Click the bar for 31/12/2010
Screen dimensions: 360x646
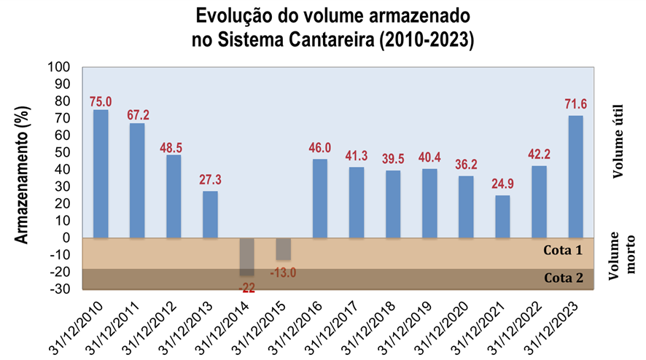pos(101,173)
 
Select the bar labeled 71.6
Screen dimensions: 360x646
pos(576,176)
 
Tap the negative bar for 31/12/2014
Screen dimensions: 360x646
pos(247,257)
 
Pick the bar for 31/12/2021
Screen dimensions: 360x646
pos(503,216)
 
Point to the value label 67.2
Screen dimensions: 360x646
pos(137,115)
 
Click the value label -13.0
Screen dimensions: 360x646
pos(284,273)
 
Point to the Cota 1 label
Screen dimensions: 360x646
pos(564,250)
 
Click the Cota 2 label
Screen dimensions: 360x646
pos(564,278)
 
